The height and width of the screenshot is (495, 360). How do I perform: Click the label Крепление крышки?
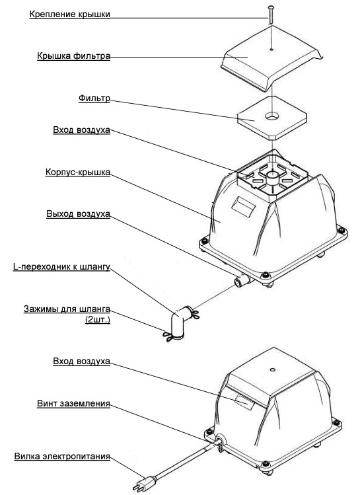click(x=70, y=14)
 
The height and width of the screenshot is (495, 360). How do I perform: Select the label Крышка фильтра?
click(x=74, y=56)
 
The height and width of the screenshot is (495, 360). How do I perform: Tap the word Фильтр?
click(x=94, y=98)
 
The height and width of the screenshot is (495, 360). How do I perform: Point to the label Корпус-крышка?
click(x=78, y=172)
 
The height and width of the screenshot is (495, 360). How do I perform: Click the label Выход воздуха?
click(x=78, y=213)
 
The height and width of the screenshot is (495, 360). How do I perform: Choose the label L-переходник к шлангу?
click(x=61, y=267)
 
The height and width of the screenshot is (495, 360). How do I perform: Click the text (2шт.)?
click(x=98, y=320)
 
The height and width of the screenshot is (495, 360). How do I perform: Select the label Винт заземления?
click(x=73, y=403)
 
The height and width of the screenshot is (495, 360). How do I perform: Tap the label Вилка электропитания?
click(x=62, y=457)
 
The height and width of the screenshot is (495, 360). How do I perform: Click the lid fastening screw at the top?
click(x=270, y=15)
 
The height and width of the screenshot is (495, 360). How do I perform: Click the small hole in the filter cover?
click(x=271, y=50)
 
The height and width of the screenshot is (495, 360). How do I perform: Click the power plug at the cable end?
click(x=145, y=483)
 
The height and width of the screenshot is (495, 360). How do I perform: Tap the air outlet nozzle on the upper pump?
click(x=242, y=280)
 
